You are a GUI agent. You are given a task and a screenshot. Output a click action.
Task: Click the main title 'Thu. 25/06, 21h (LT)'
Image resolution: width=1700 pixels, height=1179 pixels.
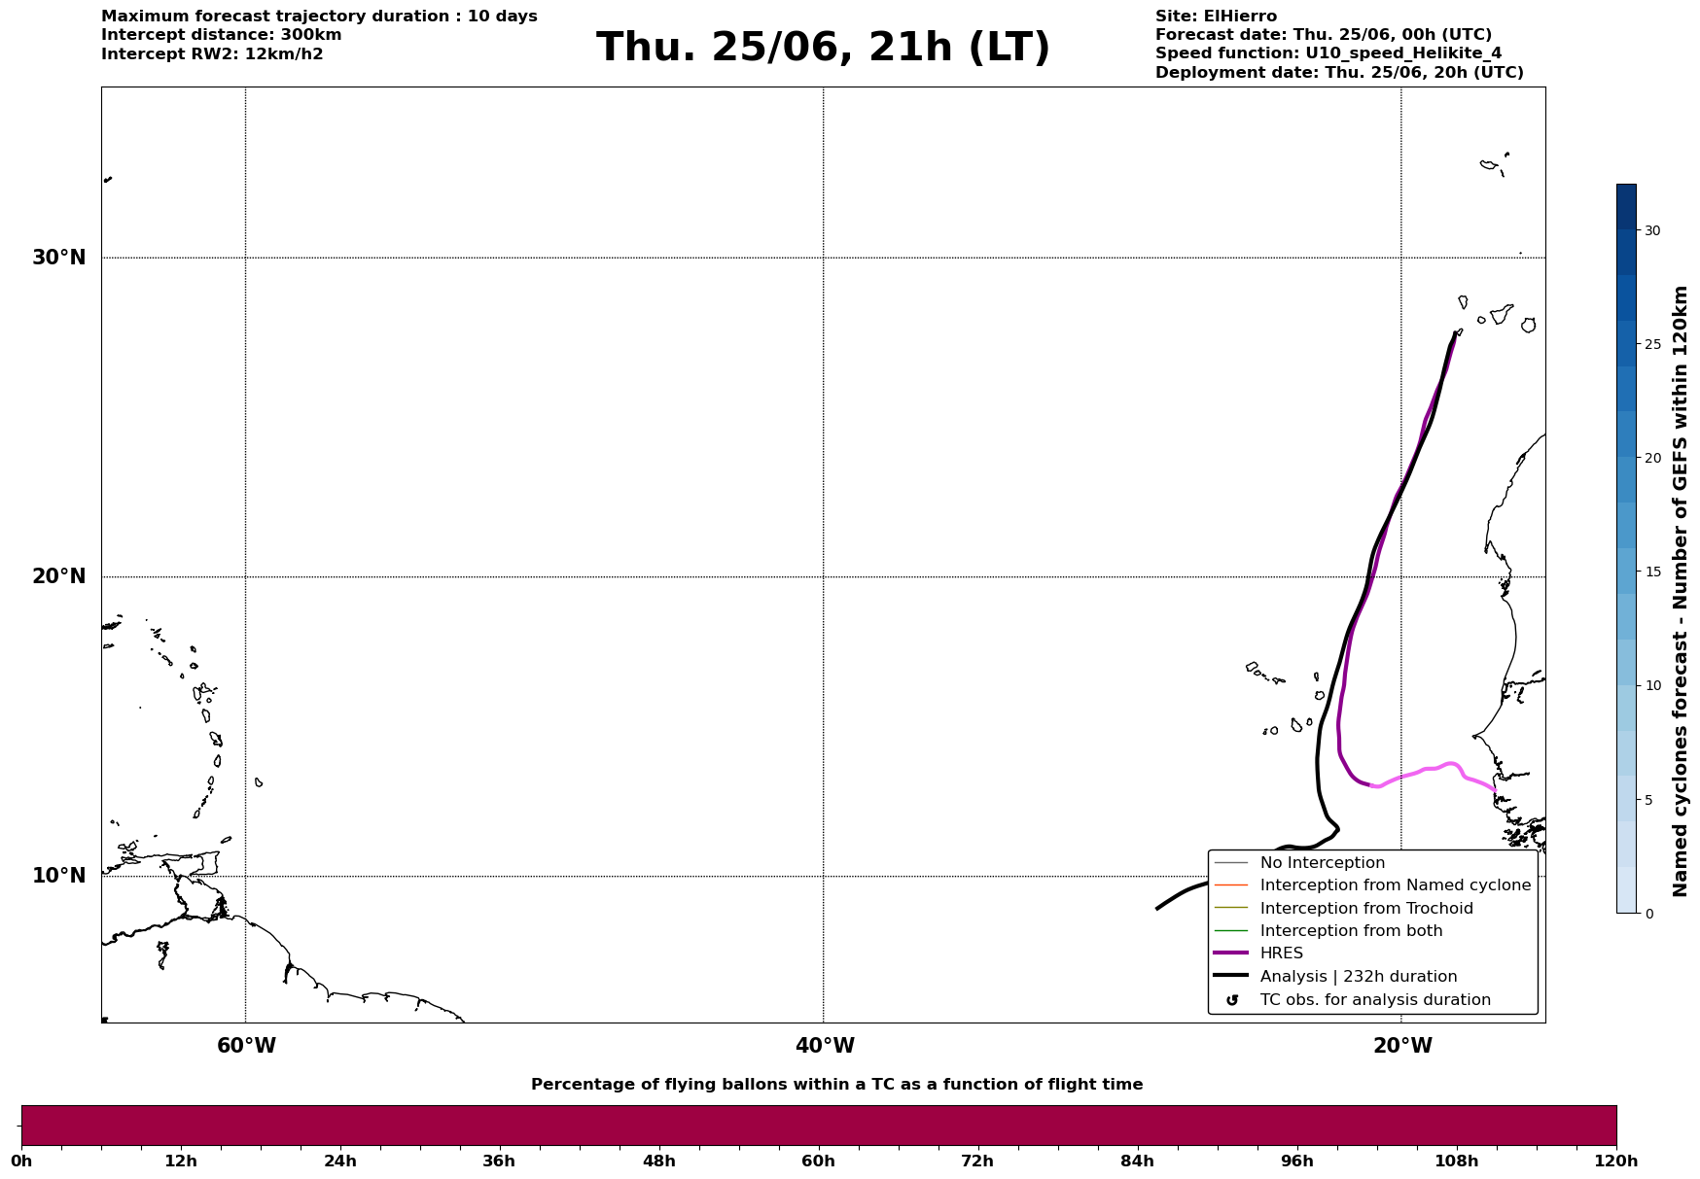pos(823,47)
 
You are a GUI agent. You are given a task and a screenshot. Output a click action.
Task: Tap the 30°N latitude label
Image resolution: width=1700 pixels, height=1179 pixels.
pos(59,258)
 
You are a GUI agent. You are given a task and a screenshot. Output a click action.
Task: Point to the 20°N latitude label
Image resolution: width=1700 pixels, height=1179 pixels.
pos(59,576)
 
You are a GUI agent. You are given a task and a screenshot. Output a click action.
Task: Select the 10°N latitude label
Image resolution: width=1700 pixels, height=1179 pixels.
pos(59,876)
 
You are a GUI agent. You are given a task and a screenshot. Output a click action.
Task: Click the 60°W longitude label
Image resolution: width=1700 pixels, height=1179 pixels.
pos(246,1046)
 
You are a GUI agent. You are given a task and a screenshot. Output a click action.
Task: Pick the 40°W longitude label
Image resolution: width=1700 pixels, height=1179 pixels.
pos(825,1046)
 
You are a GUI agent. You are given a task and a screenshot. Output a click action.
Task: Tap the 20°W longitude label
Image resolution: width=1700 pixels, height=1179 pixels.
pos(1402,1046)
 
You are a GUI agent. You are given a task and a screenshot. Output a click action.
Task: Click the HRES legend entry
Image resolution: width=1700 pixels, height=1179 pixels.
pos(1281,954)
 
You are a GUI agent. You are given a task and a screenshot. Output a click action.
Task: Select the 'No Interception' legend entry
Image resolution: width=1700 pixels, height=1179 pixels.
pos(1323,863)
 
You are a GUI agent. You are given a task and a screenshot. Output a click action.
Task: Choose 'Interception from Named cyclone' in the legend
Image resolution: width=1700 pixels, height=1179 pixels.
pos(1396,885)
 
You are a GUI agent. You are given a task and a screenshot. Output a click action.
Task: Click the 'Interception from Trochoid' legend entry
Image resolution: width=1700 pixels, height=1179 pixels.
pos(1366,909)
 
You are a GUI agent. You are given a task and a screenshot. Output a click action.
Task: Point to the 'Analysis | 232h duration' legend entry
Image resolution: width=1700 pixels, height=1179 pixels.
pos(1359,977)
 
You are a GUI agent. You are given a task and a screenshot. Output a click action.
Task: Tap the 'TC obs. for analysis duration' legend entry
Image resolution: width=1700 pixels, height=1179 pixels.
pos(1375,1000)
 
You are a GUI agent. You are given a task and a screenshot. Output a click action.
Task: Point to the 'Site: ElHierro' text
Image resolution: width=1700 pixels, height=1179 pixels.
pos(1216,17)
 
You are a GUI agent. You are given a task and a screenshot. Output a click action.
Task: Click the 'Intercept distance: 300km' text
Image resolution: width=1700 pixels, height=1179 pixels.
pos(221,35)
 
